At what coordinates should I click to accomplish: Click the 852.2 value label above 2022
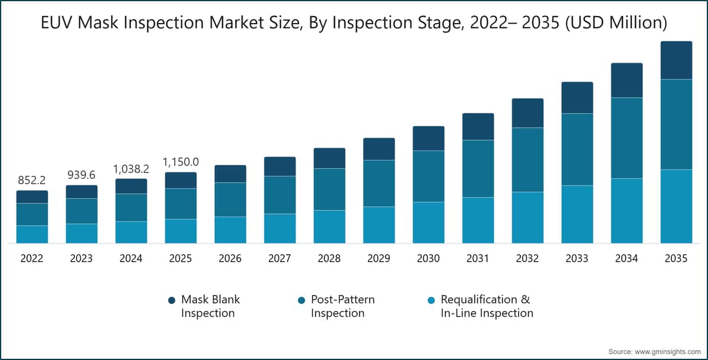coord(32,179)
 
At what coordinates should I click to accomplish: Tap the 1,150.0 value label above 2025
coord(181,161)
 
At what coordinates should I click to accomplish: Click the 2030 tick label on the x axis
coord(428,259)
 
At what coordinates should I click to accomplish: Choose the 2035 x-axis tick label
coord(676,259)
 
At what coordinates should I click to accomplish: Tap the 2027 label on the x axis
coord(280,259)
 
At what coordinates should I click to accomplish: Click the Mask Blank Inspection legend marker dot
coord(172,300)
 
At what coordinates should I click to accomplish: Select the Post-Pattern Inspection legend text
coord(342,306)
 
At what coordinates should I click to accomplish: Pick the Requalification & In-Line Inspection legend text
coord(487,306)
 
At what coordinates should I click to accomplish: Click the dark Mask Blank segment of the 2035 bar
coord(676,60)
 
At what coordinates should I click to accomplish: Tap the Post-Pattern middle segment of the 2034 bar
coord(627,138)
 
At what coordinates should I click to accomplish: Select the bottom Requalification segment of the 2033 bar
coord(577,214)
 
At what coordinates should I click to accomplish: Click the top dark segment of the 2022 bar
coord(32,197)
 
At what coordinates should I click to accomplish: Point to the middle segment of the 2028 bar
coord(329,189)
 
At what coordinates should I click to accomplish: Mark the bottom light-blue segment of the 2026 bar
coord(230,230)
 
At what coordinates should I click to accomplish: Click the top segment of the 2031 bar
coord(478,126)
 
